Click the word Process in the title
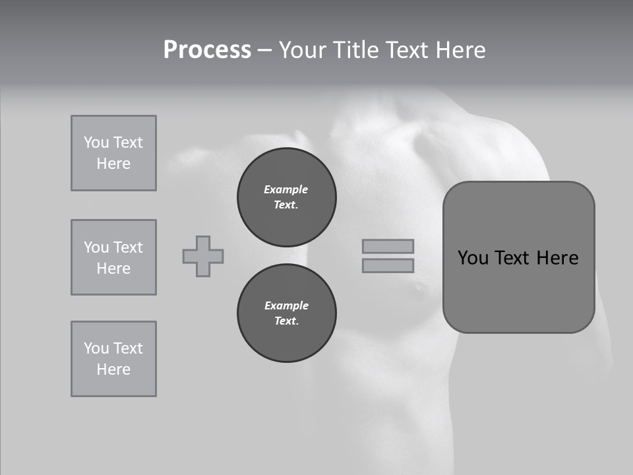[207, 50]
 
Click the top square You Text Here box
[113, 153]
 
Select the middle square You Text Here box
[113, 257]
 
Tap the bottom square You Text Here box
[113, 359]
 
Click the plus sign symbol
[203, 256]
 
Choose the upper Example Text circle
[287, 197]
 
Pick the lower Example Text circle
[287, 313]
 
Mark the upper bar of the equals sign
[388, 247]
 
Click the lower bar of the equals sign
[388, 265]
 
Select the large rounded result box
[519, 257]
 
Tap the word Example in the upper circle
[286, 189]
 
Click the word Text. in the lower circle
[286, 321]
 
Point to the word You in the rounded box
[473, 258]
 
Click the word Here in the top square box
[113, 164]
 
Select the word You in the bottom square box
[96, 348]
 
